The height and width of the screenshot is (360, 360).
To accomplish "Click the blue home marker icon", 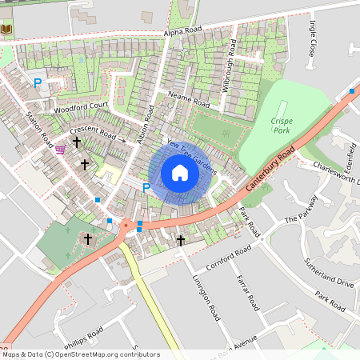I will tap(180, 173).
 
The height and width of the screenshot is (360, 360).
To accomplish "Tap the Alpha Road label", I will tap(182, 32).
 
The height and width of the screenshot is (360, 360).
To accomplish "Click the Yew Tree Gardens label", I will tap(192, 155).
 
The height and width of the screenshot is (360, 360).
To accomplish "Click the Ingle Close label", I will tap(312, 38).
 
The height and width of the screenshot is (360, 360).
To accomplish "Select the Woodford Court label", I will tap(82, 106).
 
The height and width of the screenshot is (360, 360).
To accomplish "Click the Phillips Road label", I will tap(84, 333).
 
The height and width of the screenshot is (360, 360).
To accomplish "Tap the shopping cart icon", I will tap(61, 149).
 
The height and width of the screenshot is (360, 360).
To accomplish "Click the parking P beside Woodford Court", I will tap(37, 82).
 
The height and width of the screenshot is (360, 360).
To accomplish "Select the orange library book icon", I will tap(7, 30).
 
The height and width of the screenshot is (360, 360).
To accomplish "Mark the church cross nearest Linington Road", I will tap(181, 239).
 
